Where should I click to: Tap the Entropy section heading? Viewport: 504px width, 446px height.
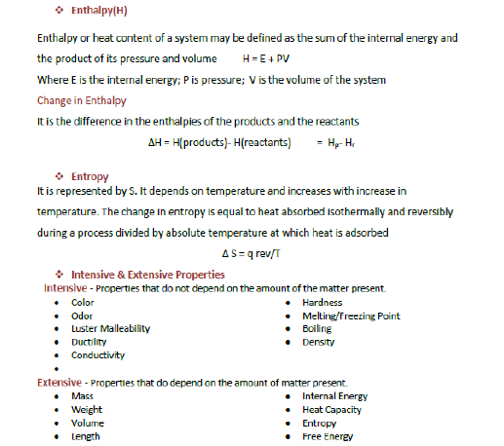(x=90, y=176)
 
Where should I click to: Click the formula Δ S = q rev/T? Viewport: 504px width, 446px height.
(x=253, y=254)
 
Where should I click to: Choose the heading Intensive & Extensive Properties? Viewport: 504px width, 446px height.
(x=147, y=275)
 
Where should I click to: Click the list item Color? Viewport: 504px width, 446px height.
(x=83, y=303)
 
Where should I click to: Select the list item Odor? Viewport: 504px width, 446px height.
(x=83, y=316)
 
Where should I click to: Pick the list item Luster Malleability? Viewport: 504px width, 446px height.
(x=110, y=329)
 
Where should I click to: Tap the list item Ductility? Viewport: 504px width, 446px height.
(x=89, y=342)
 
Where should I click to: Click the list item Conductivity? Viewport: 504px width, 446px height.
(x=97, y=355)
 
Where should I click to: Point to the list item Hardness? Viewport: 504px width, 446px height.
(x=323, y=303)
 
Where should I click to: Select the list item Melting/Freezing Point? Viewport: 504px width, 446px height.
(x=351, y=316)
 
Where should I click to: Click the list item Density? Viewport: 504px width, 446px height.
(x=319, y=342)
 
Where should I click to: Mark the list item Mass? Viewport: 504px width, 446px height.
(x=83, y=396)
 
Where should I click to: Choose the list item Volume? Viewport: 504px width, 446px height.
(x=88, y=424)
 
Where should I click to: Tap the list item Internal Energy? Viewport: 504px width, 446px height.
(x=334, y=396)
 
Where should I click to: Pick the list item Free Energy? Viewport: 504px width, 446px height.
(x=327, y=436)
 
